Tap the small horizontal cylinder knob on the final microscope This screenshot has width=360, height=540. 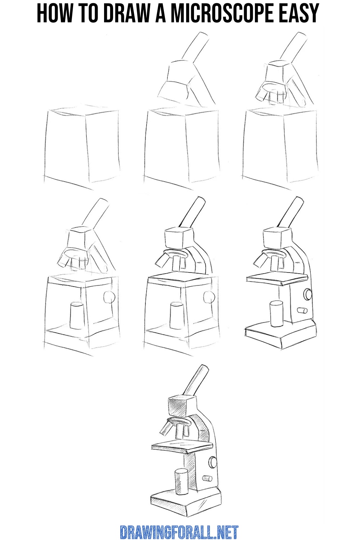tap(207, 478)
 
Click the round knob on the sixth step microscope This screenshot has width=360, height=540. tap(308, 294)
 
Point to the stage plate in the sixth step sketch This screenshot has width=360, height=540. tap(277, 278)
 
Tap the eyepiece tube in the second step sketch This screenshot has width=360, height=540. tap(197, 47)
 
